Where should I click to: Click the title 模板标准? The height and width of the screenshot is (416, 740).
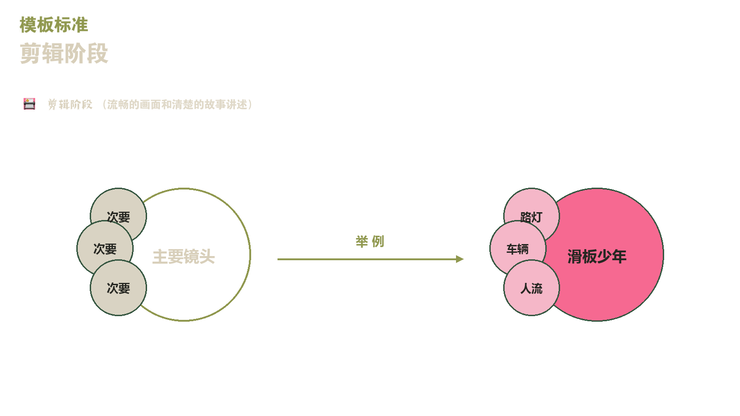click(x=54, y=25)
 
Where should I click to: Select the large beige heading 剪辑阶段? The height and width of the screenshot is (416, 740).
click(x=64, y=53)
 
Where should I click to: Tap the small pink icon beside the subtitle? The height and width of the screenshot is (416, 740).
click(x=30, y=104)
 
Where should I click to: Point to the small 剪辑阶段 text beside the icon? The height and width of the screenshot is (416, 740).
click(x=70, y=104)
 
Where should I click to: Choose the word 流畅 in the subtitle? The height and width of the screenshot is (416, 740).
click(x=118, y=104)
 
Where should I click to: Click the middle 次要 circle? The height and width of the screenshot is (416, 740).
click(x=99, y=248)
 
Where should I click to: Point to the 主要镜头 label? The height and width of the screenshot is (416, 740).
click(x=183, y=257)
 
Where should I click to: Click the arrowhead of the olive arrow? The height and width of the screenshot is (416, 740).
click(x=460, y=259)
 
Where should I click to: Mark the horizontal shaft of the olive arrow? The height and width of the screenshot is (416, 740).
click(x=367, y=259)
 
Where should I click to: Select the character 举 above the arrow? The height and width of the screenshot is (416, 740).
click(x=362, y=242)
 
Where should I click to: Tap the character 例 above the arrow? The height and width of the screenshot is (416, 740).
click(x=378, y=242)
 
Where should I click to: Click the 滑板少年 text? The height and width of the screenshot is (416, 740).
click(x=597, y=257)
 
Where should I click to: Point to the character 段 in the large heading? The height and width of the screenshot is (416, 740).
click(x=98, y=53)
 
